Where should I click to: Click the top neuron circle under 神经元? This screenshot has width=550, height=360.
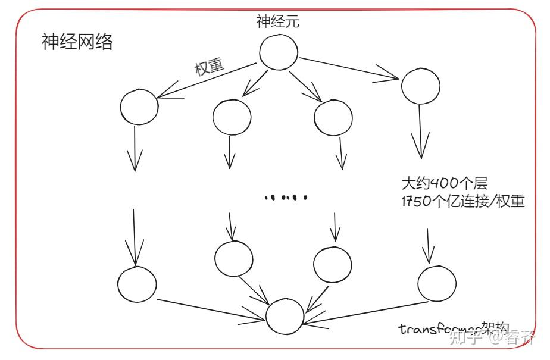pyautogui.click(x=279, y=51)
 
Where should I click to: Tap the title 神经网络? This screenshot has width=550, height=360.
pyautogui.click(x=77, y=42)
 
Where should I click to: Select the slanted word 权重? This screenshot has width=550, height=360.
pyautogui.click(x=210, y=67)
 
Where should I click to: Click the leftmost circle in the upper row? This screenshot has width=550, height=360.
pyautogui.click(x=139, y=107)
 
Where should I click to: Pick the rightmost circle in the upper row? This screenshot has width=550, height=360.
pyautogui.click(x=420, y=86)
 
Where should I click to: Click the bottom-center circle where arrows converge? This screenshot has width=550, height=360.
pyautogui.click(x=285, y=316)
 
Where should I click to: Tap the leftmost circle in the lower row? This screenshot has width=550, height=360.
pyautogui.click(x=137, y=285)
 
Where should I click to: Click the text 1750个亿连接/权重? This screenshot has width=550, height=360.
pyautogui.click(x=463, y=201)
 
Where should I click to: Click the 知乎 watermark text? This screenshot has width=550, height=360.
pyautogui.click(x=467, y=339)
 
